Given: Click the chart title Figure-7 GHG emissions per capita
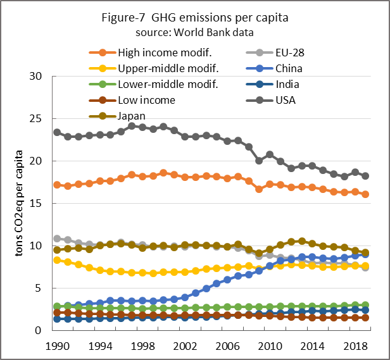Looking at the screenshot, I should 194,17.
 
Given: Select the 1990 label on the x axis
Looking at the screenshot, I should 57,347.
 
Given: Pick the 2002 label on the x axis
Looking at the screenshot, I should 175,347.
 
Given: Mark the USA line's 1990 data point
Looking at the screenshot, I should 58,132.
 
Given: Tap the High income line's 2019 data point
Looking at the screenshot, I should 366,194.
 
